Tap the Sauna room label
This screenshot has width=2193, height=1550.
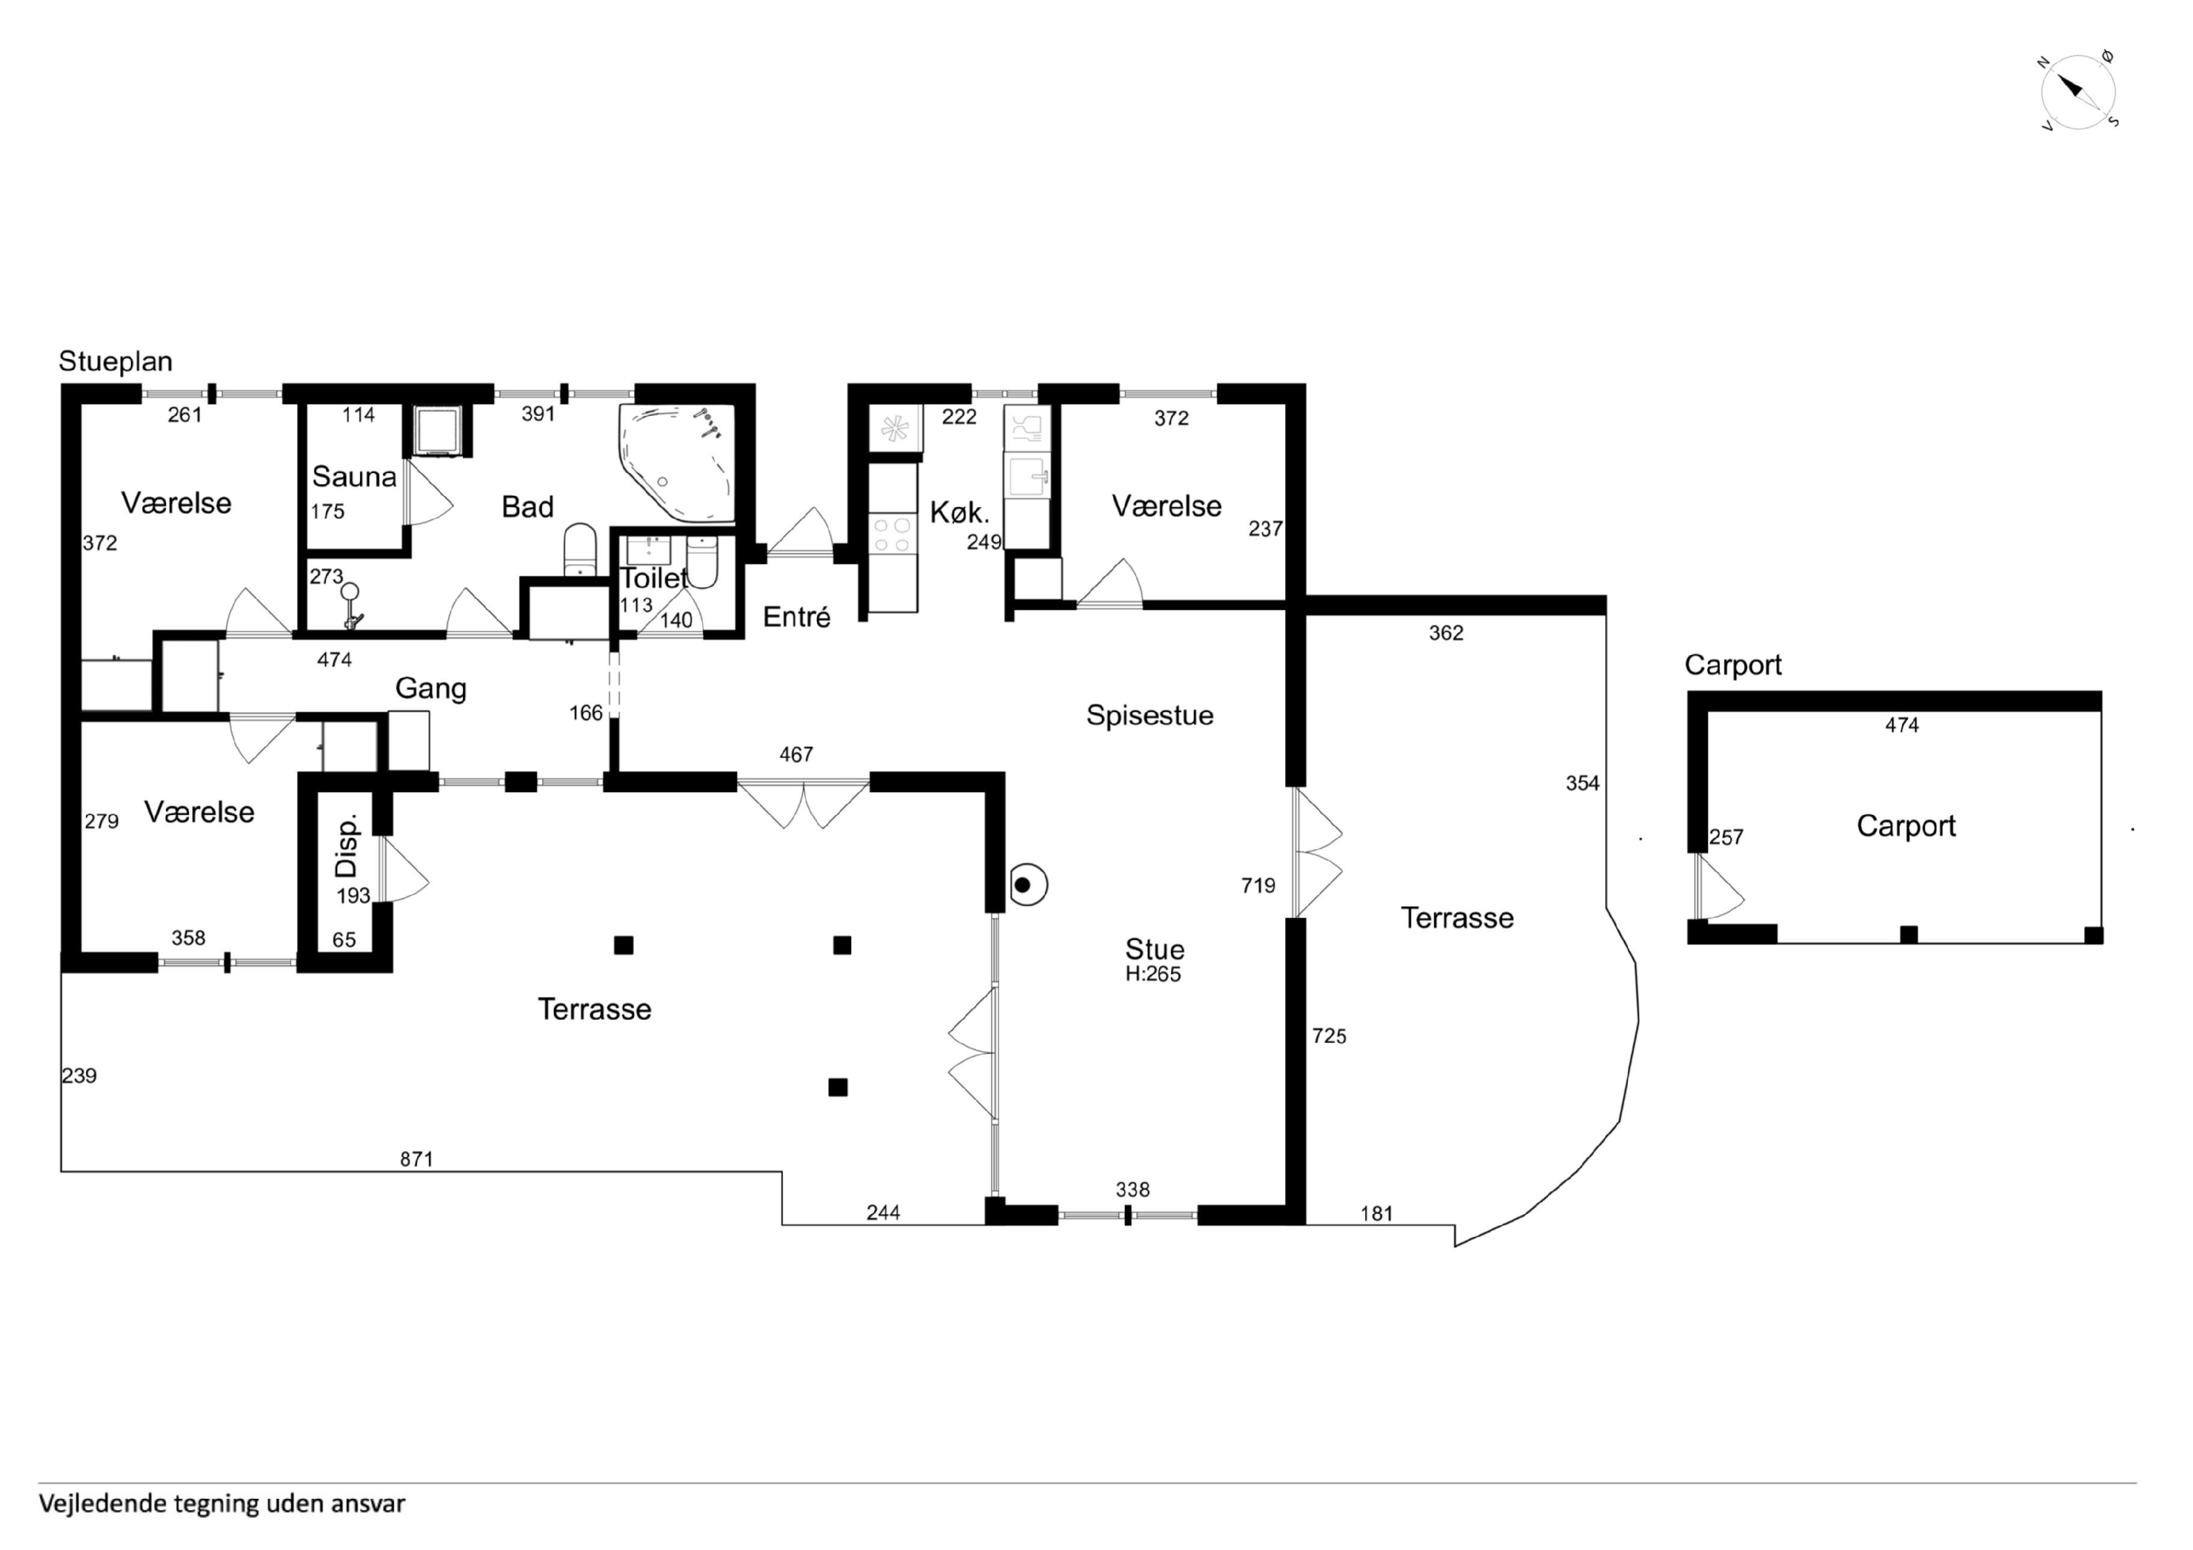click(x=353, y=477)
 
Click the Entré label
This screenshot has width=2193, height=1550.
click(x=797, y=617)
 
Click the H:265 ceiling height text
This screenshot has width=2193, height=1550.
click(x=1153, y=974)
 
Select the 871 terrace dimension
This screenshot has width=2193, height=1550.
click(x=417, y=1159)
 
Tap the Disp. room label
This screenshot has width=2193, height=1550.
click(x=347, y=845)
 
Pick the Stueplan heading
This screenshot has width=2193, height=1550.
click(x=115, y=362)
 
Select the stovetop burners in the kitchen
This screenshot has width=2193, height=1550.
click(x=892, y=535)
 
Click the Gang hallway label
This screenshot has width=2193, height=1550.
click(x=431, y=689)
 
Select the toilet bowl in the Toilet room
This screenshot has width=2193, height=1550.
click(x=702, y=561)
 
